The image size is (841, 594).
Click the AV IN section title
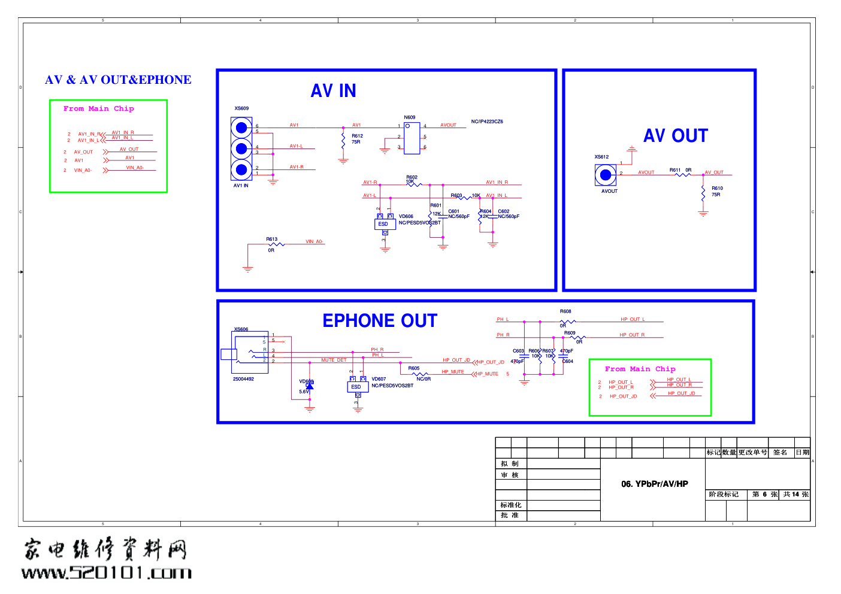[333, 91]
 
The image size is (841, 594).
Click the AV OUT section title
[675, 136]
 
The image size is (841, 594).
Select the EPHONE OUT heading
[380, 321]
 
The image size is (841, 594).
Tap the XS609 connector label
[241, 108]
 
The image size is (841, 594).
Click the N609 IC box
[412, 138]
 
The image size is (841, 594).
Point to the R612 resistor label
[357, 136]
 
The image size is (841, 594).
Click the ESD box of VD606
[384, 224]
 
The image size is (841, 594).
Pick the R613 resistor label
[272, 239]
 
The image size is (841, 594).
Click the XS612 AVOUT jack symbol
[605, 175]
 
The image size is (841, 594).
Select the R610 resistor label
[717, 188]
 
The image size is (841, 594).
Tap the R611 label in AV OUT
[675, 170]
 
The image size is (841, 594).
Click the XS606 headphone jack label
[241, 329]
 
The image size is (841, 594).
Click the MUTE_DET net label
[334, 360]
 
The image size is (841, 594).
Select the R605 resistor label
[414, 368]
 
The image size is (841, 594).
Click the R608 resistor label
[565, 311]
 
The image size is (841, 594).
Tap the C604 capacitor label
[568, 361]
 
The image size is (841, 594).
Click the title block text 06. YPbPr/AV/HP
[654, 484]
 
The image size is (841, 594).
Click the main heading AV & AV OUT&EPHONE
[118, 80]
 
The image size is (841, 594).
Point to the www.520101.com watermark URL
[107, 572]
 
